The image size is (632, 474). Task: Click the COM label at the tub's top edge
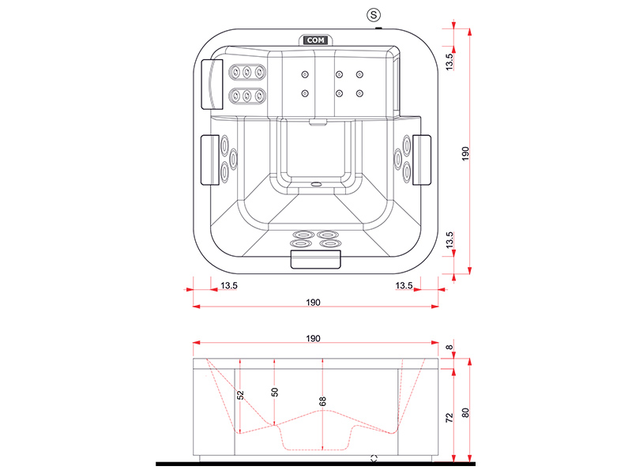click(314, 39)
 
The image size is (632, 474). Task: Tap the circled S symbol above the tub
click(374, 14)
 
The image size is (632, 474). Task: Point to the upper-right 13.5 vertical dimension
click(450, 59)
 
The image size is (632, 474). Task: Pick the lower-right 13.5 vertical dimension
click(450, 241)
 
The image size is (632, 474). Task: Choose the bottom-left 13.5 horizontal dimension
click(229, 285)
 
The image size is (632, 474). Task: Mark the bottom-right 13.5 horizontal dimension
click(404, 285)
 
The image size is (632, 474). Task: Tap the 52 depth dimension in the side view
click(241, 394)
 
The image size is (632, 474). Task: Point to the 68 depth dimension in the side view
click(322, 401)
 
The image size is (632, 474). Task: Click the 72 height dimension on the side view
click(450, 416)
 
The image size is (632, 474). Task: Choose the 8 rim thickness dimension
click(450, 348)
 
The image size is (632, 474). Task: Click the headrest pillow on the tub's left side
click(209, 160)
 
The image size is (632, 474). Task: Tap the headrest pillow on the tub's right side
click(422, 158)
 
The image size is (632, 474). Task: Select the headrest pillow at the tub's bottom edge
click(316, 258)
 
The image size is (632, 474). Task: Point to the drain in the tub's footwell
click(316, 187)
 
